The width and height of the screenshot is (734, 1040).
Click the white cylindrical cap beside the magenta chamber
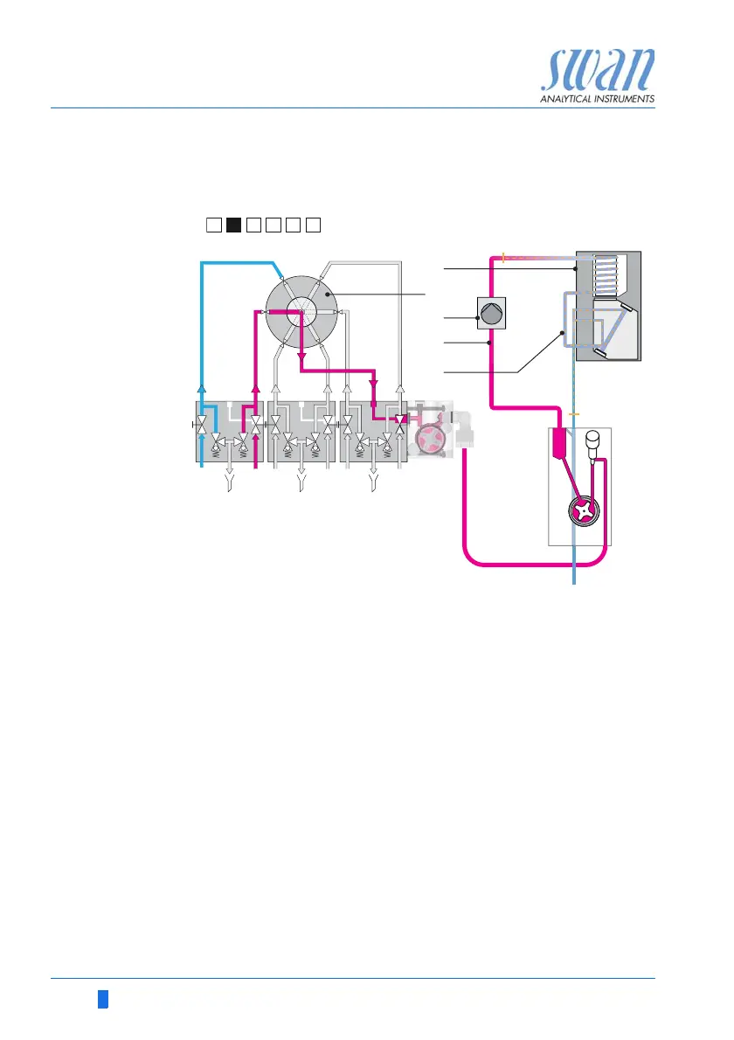coord(592,441)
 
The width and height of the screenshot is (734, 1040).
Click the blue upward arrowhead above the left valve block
coord(202,391)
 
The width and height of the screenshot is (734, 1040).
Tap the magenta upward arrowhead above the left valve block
coord(255,391)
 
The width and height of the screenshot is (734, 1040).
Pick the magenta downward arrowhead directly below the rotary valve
coord(301,360)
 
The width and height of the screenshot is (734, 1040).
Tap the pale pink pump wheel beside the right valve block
coord(429,442)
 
